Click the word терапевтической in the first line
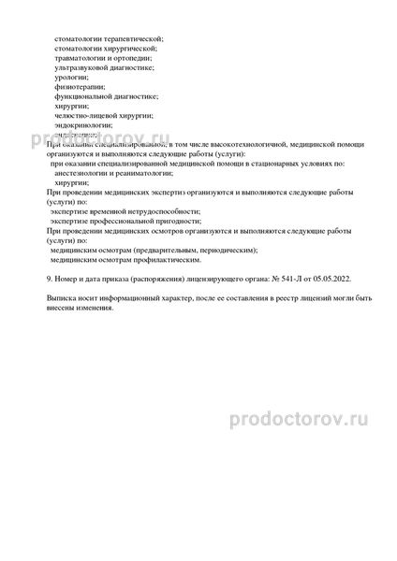tap(133, 38)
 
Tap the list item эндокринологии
tap(84, 124)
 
